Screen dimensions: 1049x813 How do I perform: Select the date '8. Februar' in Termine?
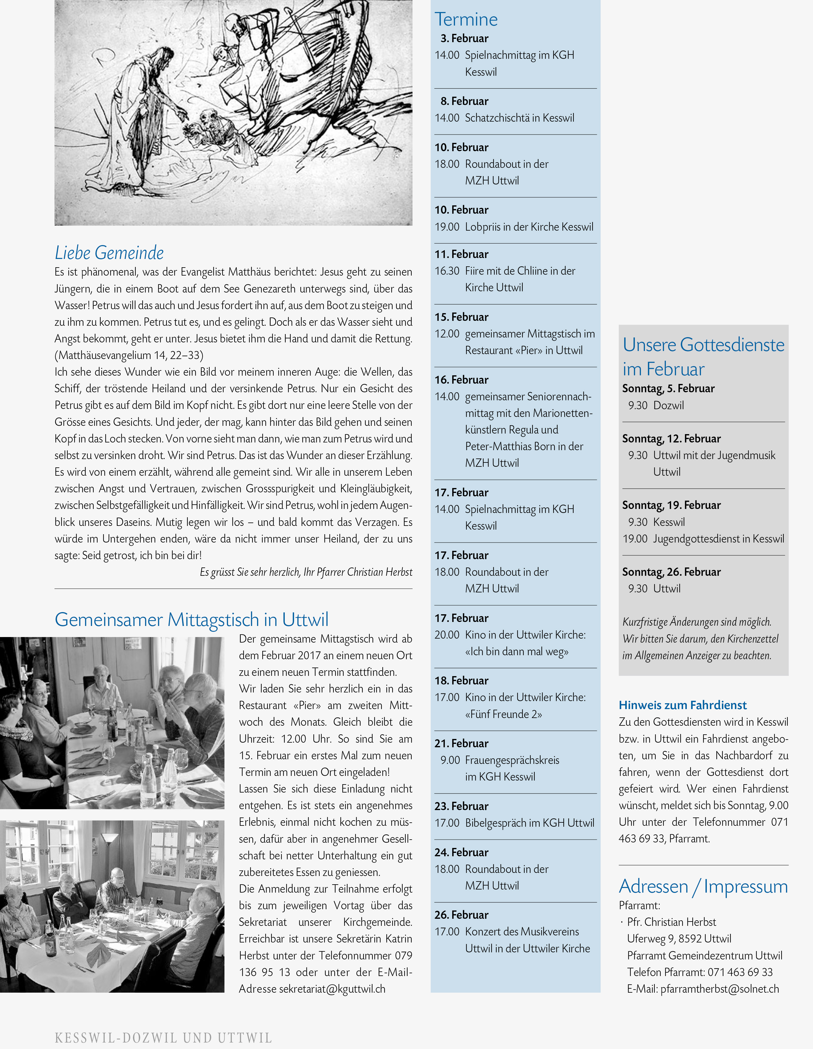[x=464, y=101]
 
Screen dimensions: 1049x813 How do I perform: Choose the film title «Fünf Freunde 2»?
[x=503, y=714]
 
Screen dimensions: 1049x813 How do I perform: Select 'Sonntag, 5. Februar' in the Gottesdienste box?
[x=668, y=389]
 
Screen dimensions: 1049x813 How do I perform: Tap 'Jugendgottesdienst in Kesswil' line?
[x=718, y=539]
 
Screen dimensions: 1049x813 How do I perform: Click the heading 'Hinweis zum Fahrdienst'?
[x=682, y=705]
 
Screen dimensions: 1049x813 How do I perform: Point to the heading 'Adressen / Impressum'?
[x=703, y=886]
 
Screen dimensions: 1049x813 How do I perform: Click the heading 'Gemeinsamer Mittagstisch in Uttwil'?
[x=191, y=619]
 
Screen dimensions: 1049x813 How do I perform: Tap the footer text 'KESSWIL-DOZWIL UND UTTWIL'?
[x=163, y=1038]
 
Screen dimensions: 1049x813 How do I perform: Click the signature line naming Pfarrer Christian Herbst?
[x=306, y=572]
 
